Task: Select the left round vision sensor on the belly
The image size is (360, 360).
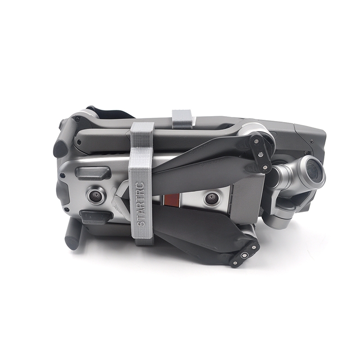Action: (95, 196)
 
